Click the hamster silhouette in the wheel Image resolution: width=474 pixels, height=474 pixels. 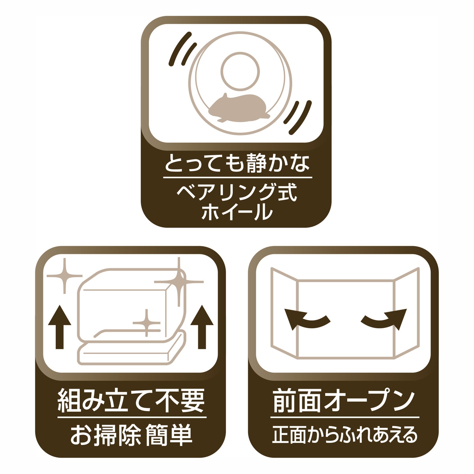pos(237,108)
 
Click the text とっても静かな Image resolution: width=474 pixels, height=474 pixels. pos(237,163)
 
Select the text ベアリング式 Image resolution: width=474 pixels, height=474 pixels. pos(237,193)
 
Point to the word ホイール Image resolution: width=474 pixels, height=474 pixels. pos(237,212)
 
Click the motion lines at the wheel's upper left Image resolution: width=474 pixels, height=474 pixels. pos(182,49)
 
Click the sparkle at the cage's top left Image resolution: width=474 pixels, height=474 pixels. pos(64,276)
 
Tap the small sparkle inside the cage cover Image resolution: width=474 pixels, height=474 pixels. pos(147,323)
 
